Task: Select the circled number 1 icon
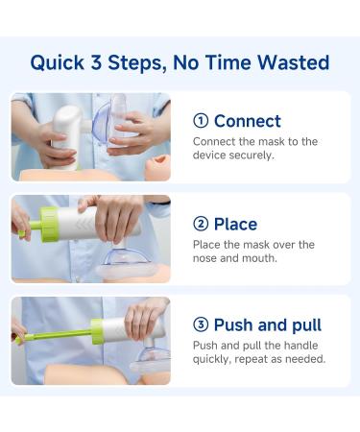point(201,121)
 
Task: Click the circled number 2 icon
point(201,224)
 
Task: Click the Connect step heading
point(248,121)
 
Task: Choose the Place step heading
point(235,224)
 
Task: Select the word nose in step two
point(208,258)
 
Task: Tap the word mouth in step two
point(266,258)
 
